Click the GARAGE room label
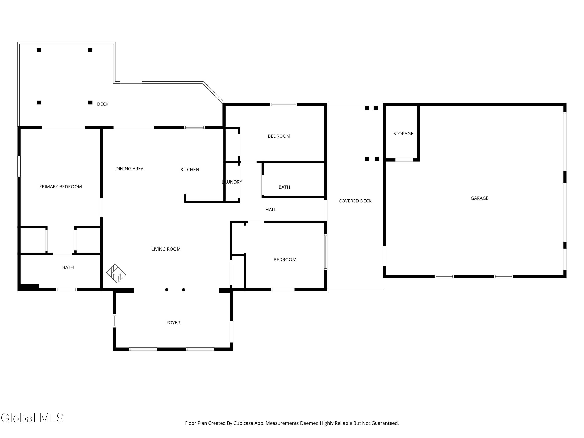[479, 198]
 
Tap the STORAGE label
[403, 134]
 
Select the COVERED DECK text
[355, 201]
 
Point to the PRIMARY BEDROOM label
[61, 187]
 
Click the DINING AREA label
[129, 169]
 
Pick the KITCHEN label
[190, 170]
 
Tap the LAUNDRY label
[232, 182]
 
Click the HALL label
[271, 210]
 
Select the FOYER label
[173, 323]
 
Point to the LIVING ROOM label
[166, 249]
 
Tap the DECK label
[103, 104]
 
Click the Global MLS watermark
[32, 418]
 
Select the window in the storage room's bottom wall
[404, 160]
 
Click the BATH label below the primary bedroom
[68, 267]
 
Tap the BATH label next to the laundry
[284, 187]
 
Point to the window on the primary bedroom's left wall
[19, 166]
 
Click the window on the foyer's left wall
[114, 321]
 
